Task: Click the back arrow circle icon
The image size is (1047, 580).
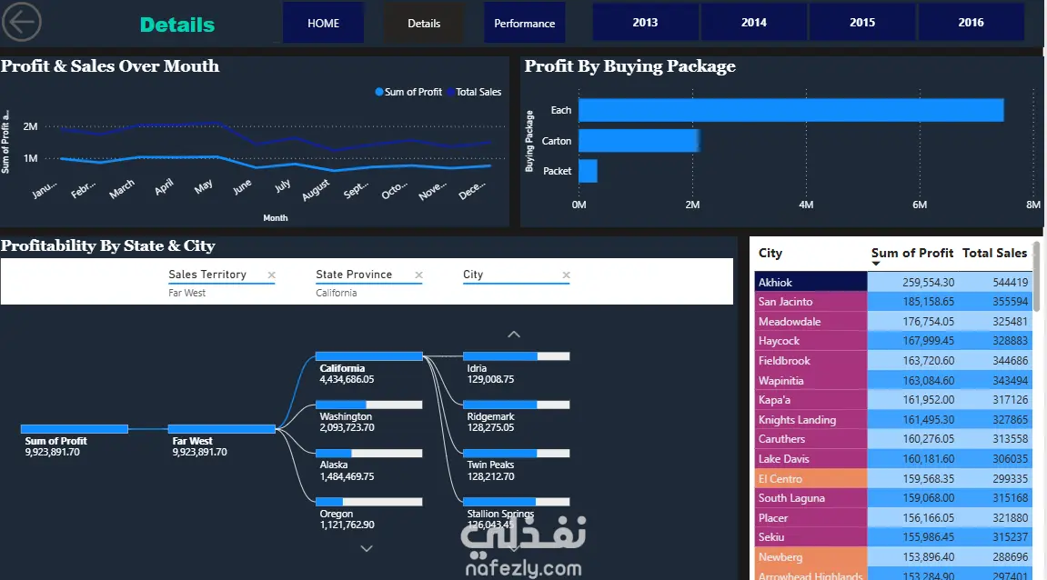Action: [x=22, y=22]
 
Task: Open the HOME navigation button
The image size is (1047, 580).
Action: [x=323, y=23]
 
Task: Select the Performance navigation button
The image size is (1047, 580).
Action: [x=524, y=23]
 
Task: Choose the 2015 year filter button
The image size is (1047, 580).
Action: [x=862, y=23]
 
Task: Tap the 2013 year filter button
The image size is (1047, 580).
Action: [x=645, y=23]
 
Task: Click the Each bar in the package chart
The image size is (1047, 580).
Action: [x=790, y=110]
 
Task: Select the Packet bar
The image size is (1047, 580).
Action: [x=588, y=171]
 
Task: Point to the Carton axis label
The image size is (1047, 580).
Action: [x=557, y=141]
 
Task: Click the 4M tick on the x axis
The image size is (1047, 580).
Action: [x=806, y=205]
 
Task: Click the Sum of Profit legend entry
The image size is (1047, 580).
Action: [x=412, y=92]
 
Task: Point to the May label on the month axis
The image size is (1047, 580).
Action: [x=204, y=185]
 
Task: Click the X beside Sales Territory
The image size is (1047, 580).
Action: [x=271, y=275]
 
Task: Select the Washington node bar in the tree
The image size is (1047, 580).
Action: [x=368, y=404]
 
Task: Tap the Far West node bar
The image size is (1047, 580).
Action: [x=221, y=428]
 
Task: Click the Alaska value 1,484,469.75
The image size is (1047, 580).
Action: [x=347, y=476]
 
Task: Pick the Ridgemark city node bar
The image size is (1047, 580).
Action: [x=516, y=404]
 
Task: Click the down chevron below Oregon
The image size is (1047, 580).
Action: [x=367, y=548]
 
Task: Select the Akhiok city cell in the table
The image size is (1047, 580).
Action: [x=810, y=283]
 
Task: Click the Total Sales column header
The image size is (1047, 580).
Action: [x=994, y=254]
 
